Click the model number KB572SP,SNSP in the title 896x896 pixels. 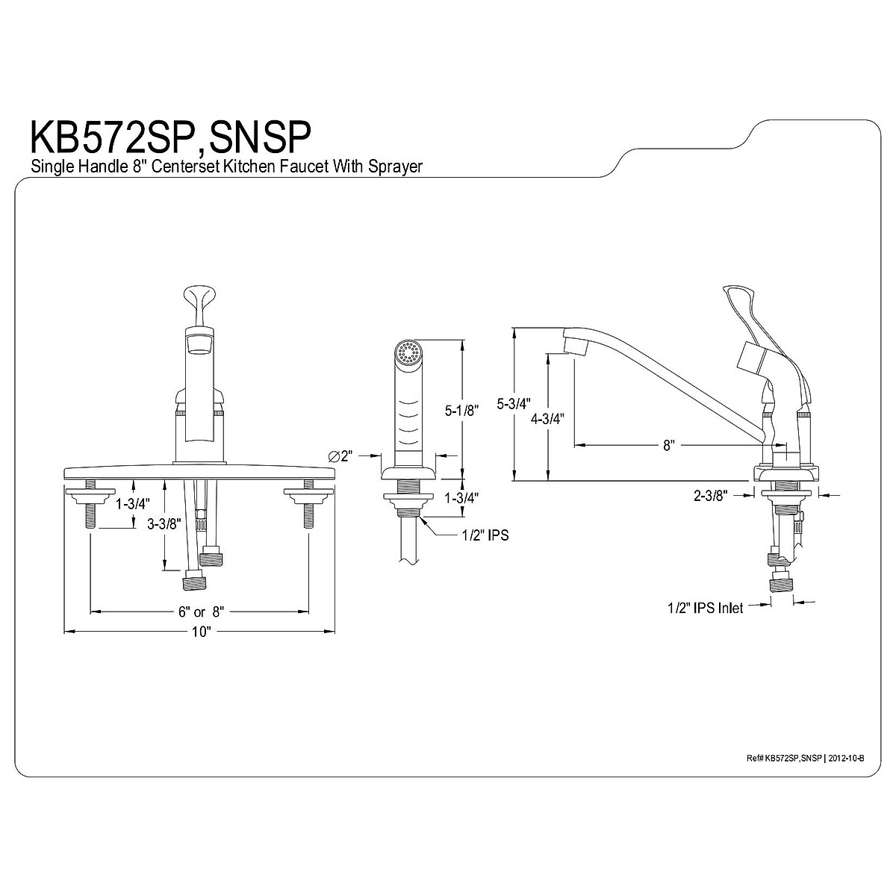pyautogui.click(x=169, y=139)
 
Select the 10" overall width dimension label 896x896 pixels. pyautogui.click(x=199, y=632)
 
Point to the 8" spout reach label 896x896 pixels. pyautogui.click(x=668, y=446)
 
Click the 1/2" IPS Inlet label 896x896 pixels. pyautogui.click(x=705, y=609)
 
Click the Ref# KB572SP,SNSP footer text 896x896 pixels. pyautogui.click(x=784, y=758)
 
